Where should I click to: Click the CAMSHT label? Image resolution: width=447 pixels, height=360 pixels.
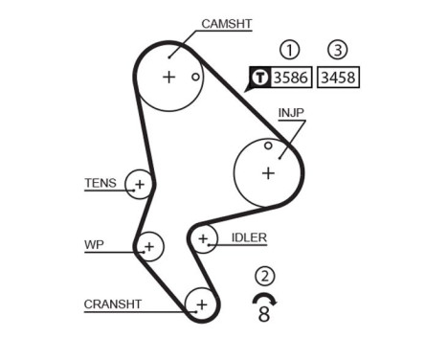[226, 24]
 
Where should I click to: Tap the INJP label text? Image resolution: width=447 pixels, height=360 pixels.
[292, 112]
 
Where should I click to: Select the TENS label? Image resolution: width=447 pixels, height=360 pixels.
[100, 182]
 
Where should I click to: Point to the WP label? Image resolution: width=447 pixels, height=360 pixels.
[94, 245]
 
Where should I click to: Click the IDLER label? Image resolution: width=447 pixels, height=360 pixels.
[249, 237]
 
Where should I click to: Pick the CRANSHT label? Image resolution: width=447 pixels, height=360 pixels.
[113, 304]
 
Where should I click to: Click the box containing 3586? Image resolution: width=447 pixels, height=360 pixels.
[291, 78]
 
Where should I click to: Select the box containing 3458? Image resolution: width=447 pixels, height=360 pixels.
[339, 78]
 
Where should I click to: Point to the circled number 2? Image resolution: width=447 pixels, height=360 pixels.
[265, 278]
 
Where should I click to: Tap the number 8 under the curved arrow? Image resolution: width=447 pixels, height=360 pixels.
[264, 313]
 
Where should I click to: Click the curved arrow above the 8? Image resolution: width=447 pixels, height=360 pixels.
[263, 298]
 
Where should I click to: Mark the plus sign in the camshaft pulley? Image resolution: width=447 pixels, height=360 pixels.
[169, 77]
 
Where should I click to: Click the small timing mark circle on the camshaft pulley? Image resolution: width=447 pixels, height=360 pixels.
[195, 77]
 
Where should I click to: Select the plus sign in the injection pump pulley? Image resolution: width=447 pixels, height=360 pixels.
[268, 172]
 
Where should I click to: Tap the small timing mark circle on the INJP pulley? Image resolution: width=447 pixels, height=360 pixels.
[268, 146]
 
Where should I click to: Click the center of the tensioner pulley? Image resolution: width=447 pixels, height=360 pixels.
[140, 184]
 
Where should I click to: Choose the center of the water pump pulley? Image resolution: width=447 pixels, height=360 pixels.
[148, 247]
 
